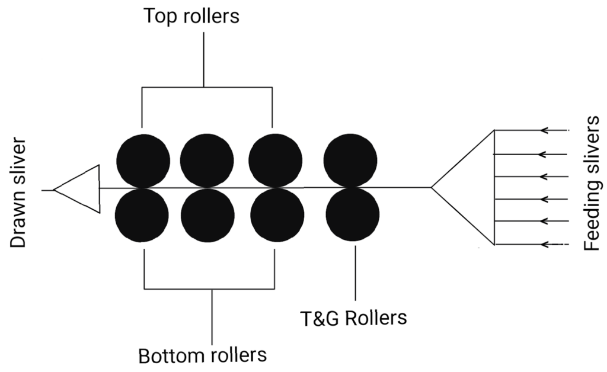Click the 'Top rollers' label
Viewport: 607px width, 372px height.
191,16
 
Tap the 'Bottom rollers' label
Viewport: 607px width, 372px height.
202,355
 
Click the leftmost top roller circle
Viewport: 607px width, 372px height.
142,161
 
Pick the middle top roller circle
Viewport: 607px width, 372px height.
206,161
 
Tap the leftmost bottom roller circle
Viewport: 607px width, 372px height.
142,215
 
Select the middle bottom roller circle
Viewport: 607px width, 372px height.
206,215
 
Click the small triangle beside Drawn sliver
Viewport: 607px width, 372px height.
80,190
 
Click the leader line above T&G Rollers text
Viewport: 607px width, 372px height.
355,272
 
